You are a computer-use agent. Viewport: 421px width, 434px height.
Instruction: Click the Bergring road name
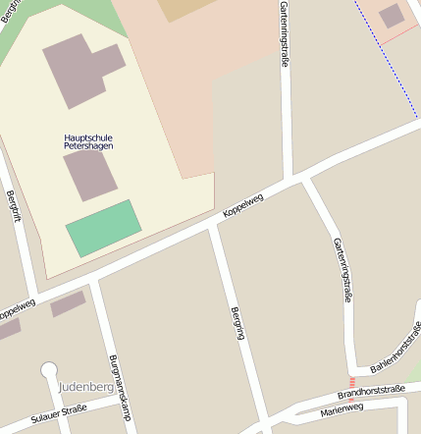(x=237, y=323)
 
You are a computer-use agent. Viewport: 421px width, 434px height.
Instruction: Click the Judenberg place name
(x=86, y=386)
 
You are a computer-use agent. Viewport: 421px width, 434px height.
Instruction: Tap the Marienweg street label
(x=342, y=410)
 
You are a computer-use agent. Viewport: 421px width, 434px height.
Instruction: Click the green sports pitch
(x=104, y=228)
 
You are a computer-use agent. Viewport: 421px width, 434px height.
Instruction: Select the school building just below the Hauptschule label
(x=90, y=175)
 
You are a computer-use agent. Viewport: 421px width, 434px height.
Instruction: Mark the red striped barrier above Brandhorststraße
(x=351, y=381)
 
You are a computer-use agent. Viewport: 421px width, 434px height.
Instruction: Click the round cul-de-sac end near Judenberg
(x=49, y=370)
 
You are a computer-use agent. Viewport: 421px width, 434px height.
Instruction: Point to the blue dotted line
(x=387, y=59)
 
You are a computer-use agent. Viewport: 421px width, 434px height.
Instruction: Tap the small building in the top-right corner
(x=391, y=15)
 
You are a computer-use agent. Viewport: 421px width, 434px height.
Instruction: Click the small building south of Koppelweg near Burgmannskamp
(x=68, y=303)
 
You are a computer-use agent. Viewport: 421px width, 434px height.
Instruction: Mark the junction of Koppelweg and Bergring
(x=212, y=228)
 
